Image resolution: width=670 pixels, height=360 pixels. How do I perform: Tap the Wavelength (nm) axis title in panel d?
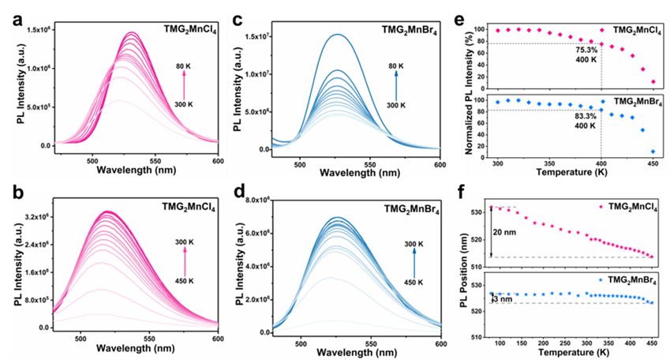[369, 353]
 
